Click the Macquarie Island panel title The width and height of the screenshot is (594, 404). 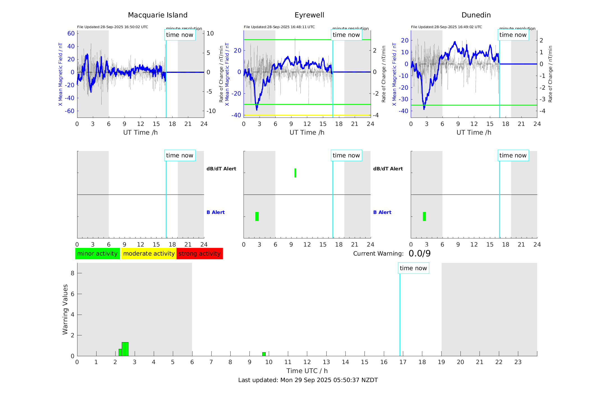pos(157,15)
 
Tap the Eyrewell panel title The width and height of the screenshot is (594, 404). pos(309,15)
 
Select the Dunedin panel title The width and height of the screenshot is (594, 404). pos(476,15)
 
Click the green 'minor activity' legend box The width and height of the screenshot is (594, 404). pos(97,254)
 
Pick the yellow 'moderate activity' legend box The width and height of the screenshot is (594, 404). pos(149,254)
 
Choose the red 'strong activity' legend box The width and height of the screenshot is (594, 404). pos(199,254)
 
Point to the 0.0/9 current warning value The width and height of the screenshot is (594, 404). pos(419,254)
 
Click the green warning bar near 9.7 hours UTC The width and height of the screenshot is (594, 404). pos(264,354)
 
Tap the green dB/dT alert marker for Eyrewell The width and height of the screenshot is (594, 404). pos(295,173)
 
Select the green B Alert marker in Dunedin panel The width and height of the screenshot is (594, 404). pos(424,216)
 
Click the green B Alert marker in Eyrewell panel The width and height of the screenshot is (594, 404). pos(257,216)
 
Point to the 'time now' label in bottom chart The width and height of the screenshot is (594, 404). pos(413,268)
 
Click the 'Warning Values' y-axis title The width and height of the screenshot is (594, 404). pos(65,309)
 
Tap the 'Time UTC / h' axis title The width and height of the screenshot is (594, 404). pos(307,371)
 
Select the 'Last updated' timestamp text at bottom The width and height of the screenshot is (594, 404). pos(308,380)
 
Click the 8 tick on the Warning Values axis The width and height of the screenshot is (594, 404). pos(72,273)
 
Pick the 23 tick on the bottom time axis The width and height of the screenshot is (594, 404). pos(518,362)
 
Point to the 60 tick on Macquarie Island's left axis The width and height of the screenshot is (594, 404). pos(71,33)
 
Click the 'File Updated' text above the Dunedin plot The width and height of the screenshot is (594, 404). pos(446,27)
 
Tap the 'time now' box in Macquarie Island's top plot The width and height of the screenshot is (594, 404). pos(180,35)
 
